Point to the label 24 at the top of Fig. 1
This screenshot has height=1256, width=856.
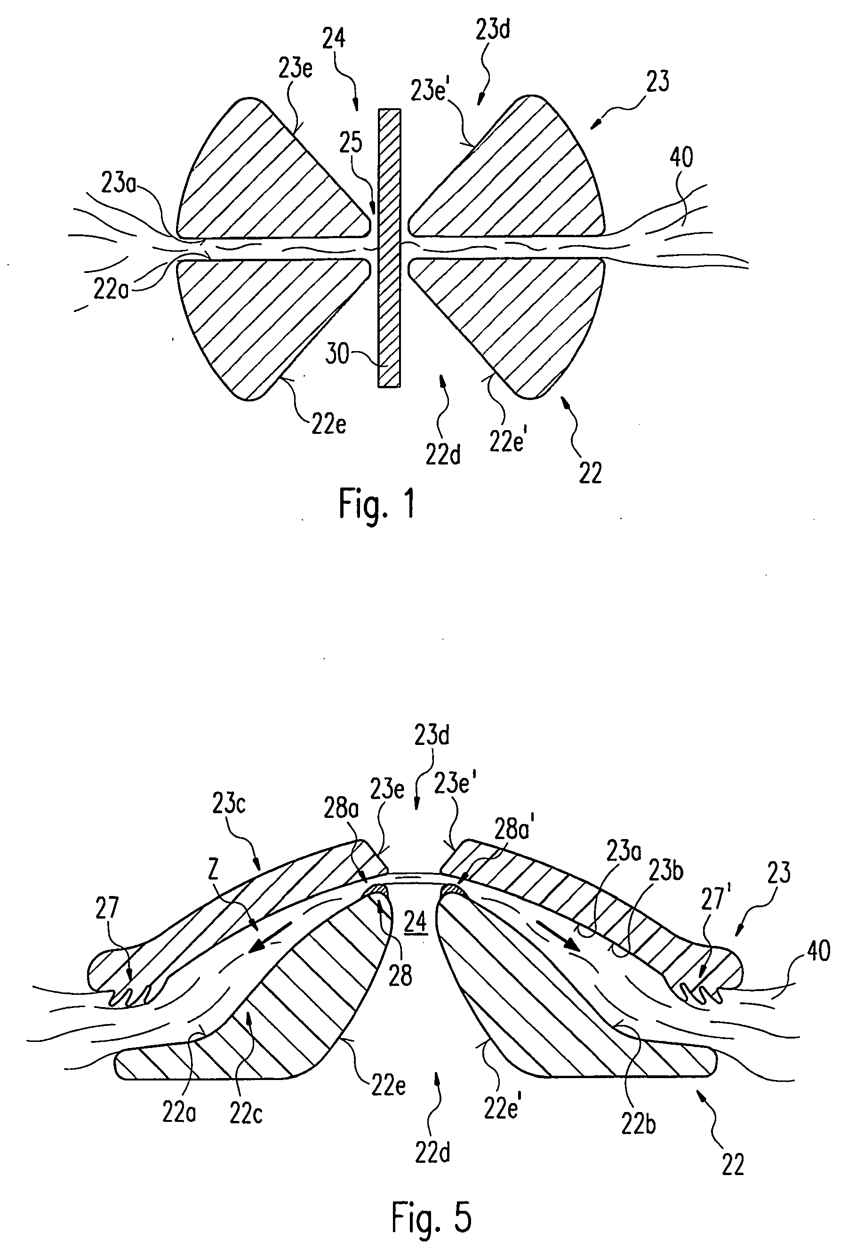[334, 39]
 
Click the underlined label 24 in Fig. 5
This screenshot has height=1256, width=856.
[416, 921]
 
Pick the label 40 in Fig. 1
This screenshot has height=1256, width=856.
[681, 158]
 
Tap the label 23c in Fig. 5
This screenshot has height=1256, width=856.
[229, 804]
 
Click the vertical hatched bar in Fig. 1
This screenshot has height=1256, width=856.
[390, 248]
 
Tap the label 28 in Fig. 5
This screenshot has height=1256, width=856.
[400, 976]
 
